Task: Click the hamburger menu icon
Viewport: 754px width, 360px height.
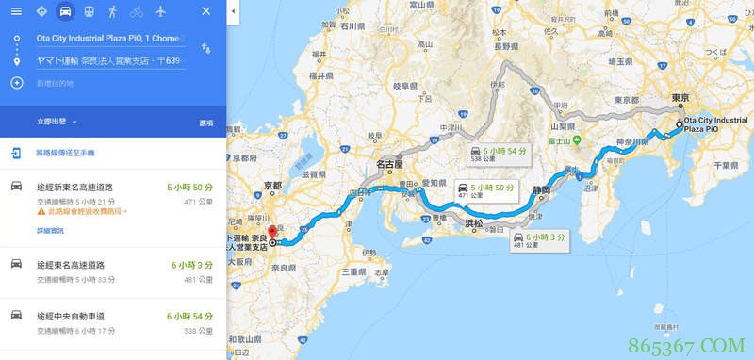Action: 16,11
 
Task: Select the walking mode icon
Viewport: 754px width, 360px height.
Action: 113,11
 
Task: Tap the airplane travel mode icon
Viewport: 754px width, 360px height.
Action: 160,11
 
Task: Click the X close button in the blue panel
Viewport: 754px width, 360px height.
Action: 206,11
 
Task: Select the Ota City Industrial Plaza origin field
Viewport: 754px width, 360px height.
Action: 109,39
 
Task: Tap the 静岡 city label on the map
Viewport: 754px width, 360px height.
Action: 540,188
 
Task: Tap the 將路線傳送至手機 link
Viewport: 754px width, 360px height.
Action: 65,153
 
